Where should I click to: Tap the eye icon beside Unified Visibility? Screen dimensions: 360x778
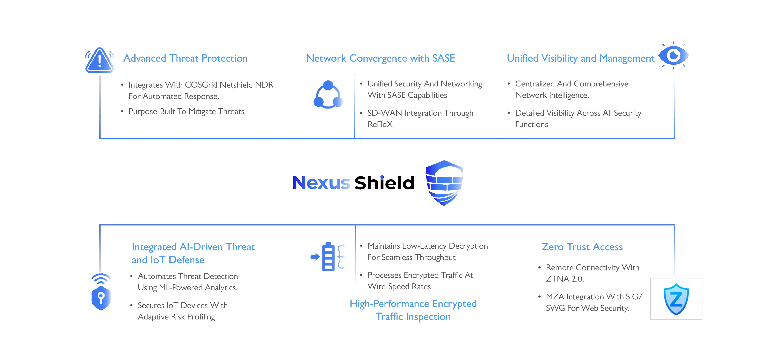click(x=674, y=56)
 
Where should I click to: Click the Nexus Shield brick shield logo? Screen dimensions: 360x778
click(x=444, y=183)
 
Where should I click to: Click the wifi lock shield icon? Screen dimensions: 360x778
click(x=101, y=292)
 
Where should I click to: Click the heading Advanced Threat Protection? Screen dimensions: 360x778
click(x=185, y=58)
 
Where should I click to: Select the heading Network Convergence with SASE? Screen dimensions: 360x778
click(x=380, y=58)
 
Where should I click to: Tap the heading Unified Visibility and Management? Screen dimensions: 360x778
click(x=581, y=58)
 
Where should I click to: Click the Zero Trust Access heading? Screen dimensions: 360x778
click(x=582, y=247)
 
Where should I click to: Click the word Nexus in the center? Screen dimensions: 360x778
click(x=321, y=183)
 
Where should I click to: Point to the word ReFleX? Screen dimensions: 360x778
click(x=380, y=124)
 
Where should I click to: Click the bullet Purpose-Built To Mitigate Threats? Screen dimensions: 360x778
click(x=186, y=111)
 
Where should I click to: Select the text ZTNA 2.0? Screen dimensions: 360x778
click(x=564, y=279)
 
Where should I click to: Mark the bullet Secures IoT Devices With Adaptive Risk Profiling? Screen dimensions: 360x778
click(x=182, y=311)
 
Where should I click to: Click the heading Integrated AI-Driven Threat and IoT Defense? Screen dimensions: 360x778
click(x=193, y=253)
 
